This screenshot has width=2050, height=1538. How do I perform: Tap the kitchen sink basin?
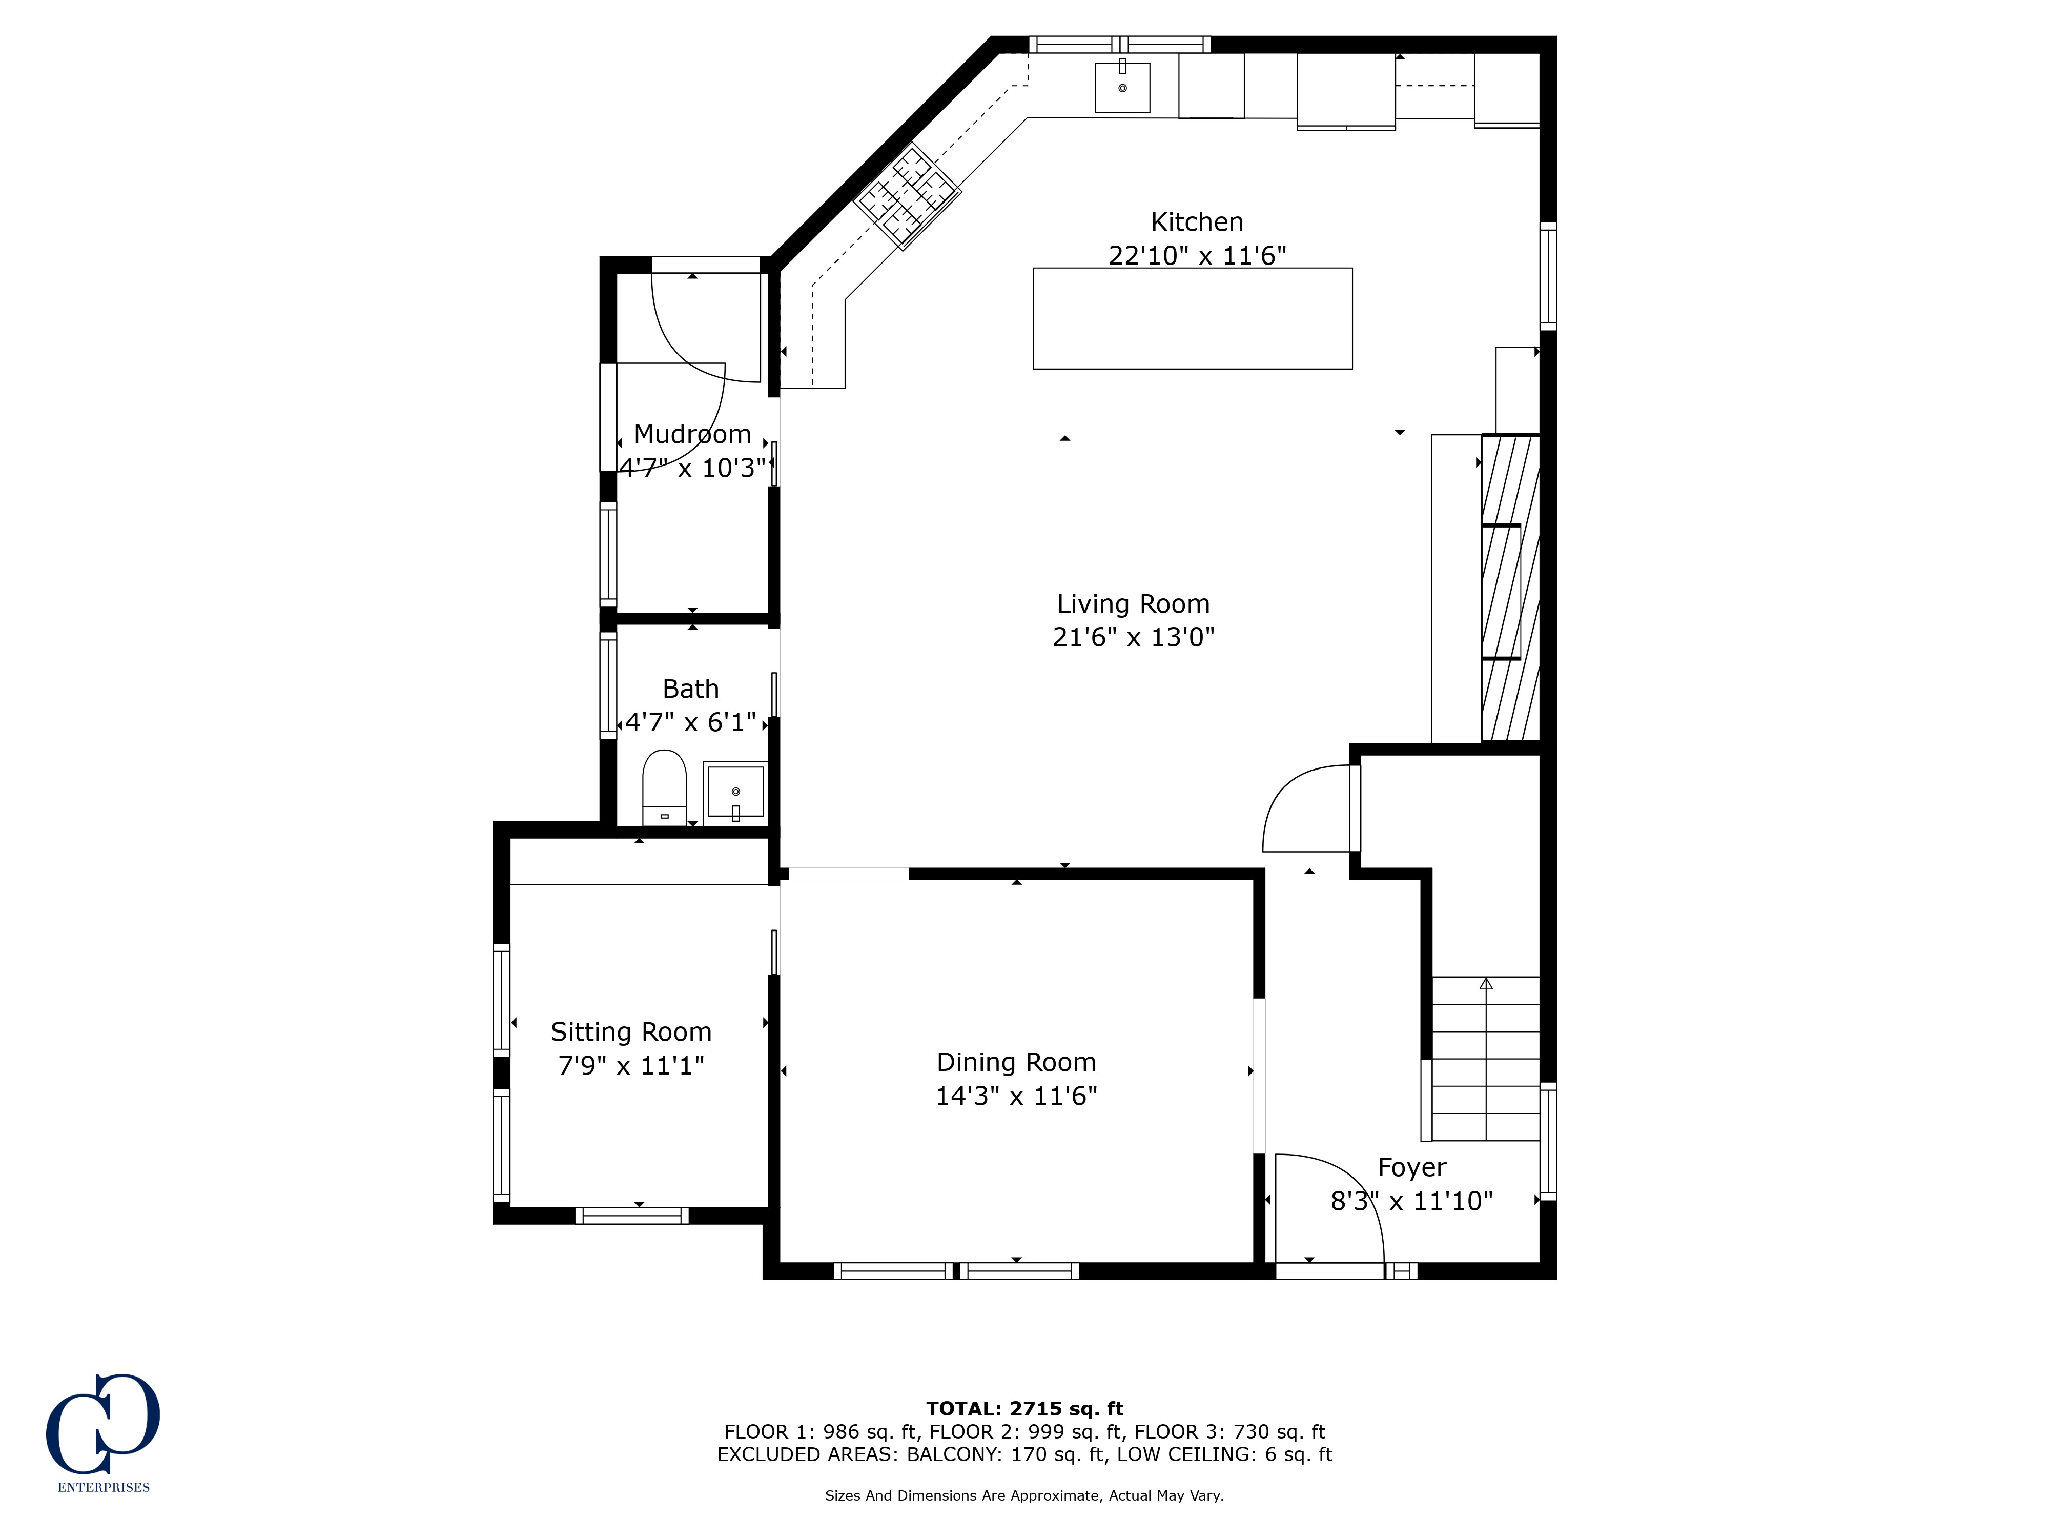tap(1122, 88)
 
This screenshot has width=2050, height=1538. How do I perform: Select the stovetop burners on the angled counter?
tap(907, 196)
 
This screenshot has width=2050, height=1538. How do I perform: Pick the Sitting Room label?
tap(631, 1032)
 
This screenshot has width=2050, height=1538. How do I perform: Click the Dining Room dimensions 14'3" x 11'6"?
tap(1017, 1096)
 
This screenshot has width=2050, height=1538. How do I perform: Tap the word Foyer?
tap(1411, 1167)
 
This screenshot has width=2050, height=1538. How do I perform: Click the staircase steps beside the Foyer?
tap(1486, 1059)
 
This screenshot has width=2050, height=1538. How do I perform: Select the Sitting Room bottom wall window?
tap(632, 1216)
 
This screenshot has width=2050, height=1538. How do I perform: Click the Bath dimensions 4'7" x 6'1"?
tap(690, 722)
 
